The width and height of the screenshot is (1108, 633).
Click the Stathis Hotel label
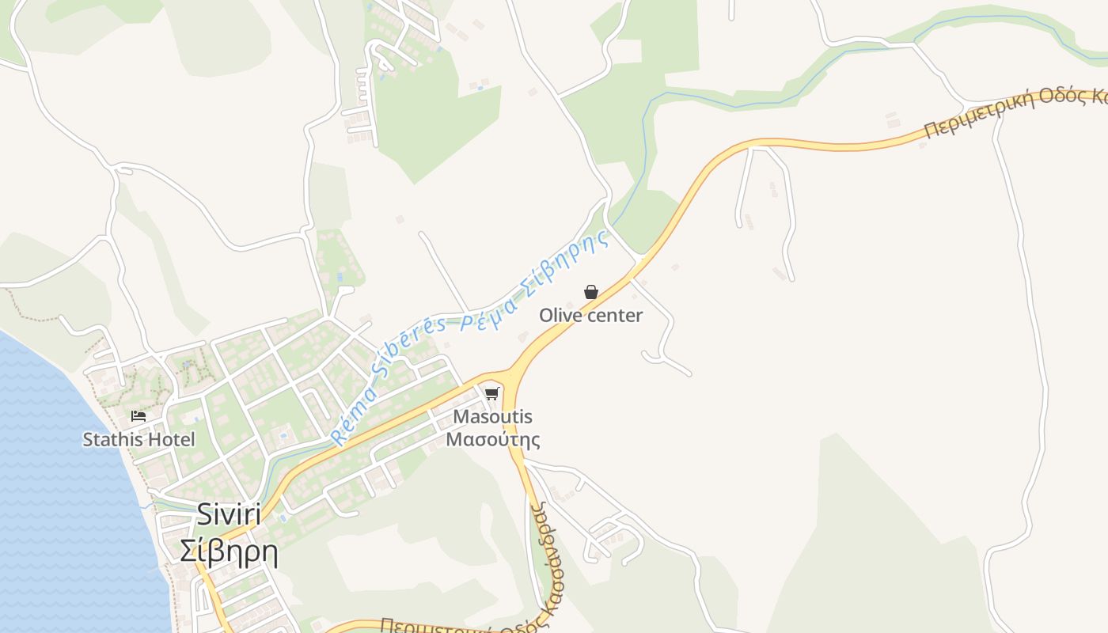pos(138,439)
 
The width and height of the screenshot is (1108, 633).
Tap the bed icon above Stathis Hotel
pos(138,415)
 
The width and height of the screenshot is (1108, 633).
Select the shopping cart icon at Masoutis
pos(492,393)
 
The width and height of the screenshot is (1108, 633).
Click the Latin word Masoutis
pos(492,417)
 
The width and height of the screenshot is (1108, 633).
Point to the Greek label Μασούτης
pos(492,439)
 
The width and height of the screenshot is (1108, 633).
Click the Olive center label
pos(590,316)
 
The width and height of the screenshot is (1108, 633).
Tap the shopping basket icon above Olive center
pos(590,292)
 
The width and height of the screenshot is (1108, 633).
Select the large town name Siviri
pos(229,514)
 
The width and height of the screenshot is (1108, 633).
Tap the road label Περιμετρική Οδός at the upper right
pos(1013,111)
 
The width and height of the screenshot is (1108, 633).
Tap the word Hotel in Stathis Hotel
pos(169,439)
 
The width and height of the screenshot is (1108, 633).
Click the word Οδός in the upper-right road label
pos(1065,99)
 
